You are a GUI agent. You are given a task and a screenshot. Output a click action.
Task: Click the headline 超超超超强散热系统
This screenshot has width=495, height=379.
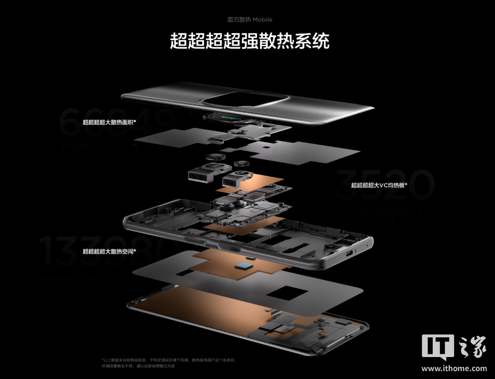click(x=250, y=41)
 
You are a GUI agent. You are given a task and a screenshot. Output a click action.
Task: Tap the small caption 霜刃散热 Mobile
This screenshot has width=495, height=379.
click(x=250, y=20)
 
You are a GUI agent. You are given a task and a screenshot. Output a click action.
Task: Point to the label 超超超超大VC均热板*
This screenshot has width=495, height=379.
click(x=379, y=185)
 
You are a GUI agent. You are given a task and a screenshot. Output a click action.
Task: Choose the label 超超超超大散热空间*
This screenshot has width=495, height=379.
click(x=109, y=251)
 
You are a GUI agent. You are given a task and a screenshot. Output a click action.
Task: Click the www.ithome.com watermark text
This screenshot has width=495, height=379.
click(x=454, y=368)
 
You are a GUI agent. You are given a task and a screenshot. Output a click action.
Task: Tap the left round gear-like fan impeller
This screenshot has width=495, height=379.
click(x=214, y=157)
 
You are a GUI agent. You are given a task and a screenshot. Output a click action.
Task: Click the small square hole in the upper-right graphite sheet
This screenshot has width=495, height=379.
click(x=265, y=147)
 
